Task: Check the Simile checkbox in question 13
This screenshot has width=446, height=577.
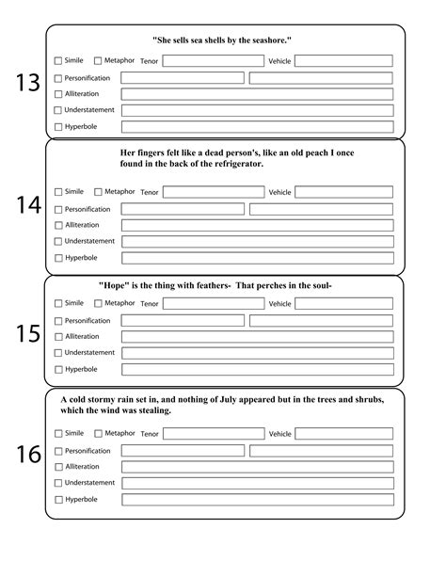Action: tap(58, 61)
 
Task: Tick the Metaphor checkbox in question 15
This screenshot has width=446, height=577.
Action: tap(98, 303)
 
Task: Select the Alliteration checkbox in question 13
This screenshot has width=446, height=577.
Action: tap(58, 94)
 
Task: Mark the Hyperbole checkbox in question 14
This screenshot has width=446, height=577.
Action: tap(58, 257)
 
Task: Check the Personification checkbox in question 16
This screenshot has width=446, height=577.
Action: tap(58, 451)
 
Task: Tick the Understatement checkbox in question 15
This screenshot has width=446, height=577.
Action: tap(58, 353)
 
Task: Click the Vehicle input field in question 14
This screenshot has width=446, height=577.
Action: tap(343, 192)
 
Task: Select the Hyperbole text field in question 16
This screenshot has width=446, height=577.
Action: tap(257, 500)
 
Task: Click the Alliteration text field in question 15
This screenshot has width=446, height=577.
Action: tap(257, 336)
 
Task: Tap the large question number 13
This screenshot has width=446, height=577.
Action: tap(27, 83)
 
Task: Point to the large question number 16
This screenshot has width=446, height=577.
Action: tap(27, 455)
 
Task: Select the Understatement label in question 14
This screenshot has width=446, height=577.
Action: tap(89, 241)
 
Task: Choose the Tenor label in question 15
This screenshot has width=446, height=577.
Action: tap(149, 304)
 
